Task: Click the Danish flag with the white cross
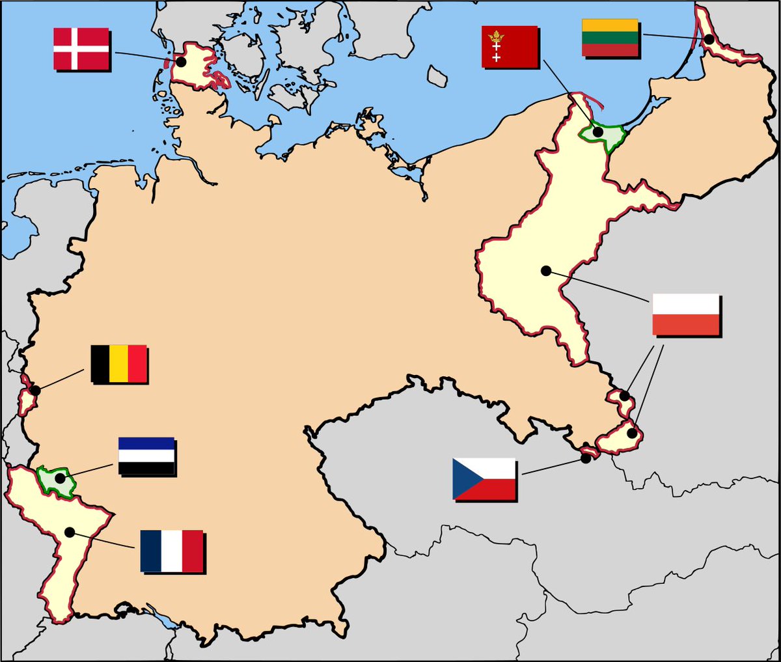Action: [x=81, y=48]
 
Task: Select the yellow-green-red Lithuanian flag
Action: [x=610, y=38]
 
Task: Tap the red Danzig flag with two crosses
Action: [x=510, y=46]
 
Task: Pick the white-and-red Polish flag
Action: [x=685, y=314]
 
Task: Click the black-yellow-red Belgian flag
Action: [x=118, y=363]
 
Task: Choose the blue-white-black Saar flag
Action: [x=146, y=456]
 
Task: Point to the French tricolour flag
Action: [x=172, y=551]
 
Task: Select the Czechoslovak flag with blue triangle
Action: [x=484, y=478]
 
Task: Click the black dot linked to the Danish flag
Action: [x=182, y=62]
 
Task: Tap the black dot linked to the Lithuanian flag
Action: [x=709, y=39]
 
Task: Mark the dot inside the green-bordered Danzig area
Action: [x=597, y=133]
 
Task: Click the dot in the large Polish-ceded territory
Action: [x=545, y=271]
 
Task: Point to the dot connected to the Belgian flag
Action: [x=35, y=391]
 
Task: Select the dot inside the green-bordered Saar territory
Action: [x=60, y=478]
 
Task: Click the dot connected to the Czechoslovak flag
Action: [x=586, y=458]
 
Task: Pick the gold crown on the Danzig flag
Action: [x=497, y=36]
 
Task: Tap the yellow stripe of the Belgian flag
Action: [x=118, y=363]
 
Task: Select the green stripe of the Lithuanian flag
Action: [x=610, y=38]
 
